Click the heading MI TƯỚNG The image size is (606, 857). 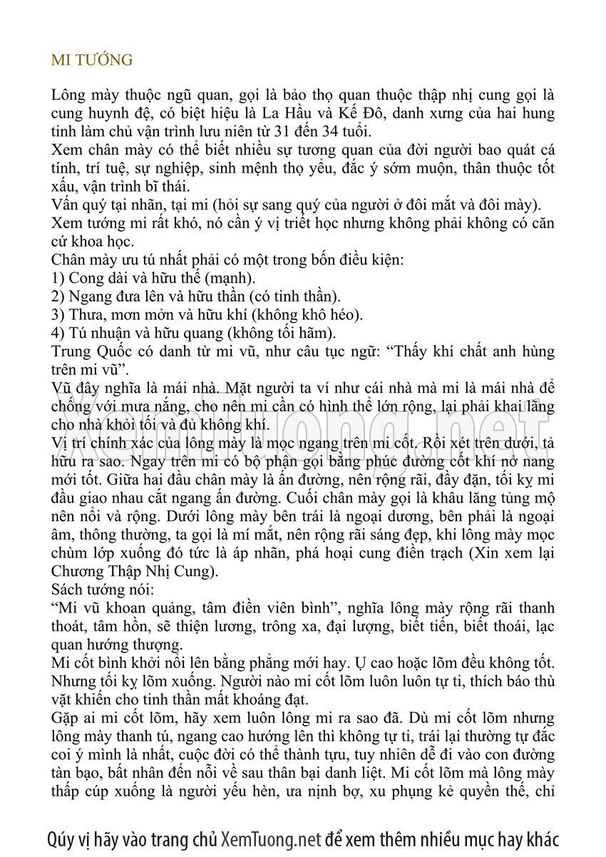[x=92, y=60]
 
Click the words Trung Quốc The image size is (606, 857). [x=86, y=352]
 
